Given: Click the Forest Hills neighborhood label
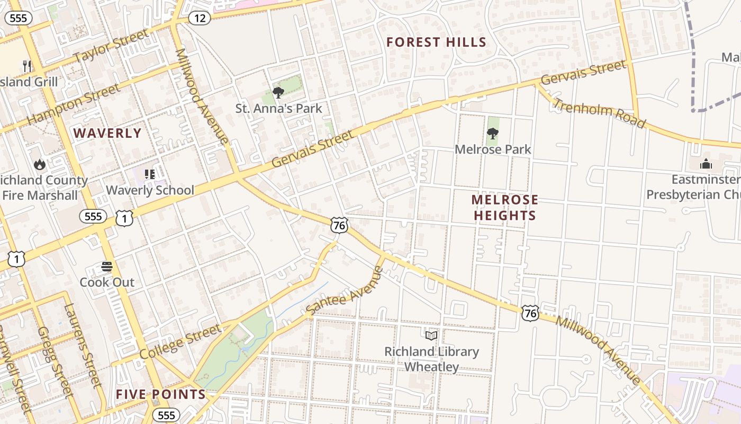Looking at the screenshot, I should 436,42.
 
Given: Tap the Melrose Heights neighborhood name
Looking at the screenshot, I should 504,207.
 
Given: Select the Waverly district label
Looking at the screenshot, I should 107,133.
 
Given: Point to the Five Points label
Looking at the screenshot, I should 160,394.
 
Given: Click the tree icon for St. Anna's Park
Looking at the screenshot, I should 278,93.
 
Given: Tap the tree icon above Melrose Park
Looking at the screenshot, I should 493,134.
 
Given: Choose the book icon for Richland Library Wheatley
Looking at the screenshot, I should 431,335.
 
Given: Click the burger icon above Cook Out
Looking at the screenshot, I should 107,267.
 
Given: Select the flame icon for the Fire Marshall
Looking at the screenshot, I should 40,165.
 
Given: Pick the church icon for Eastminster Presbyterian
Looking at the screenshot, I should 706,164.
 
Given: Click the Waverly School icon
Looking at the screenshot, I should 150,174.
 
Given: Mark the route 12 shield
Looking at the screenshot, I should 200,18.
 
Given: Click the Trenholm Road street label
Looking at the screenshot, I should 599,113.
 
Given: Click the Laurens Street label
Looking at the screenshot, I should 82,344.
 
